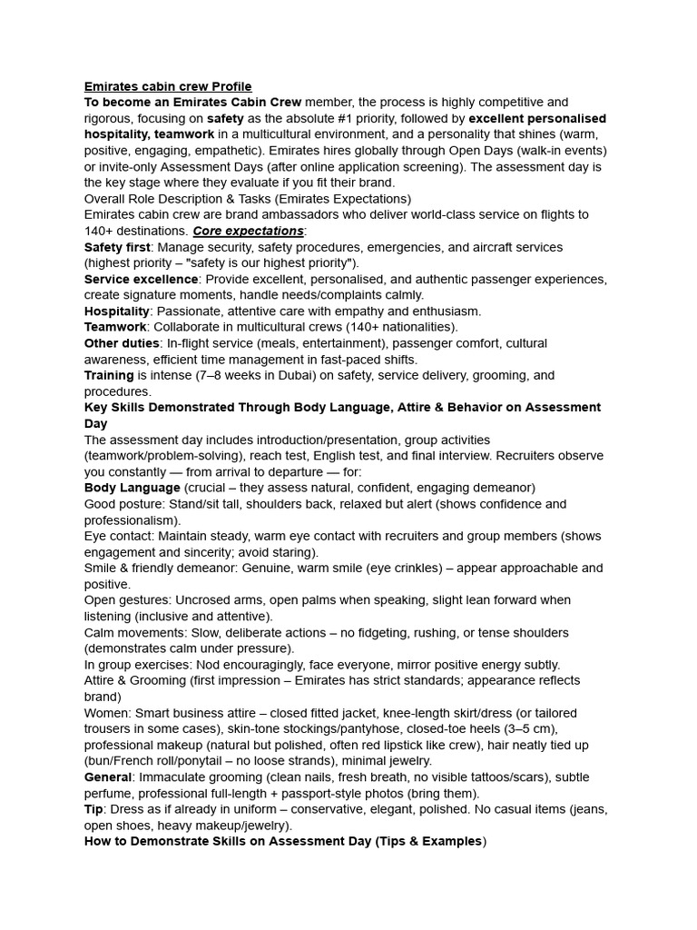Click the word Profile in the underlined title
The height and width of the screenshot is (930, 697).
[231, 86]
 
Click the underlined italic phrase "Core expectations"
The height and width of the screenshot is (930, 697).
[248, 231]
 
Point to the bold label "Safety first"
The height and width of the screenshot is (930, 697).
[119, 247]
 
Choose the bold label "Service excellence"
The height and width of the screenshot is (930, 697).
[141, 279]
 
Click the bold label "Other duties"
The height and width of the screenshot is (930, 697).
[120, 343]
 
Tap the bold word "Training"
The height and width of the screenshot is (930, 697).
[109, 375]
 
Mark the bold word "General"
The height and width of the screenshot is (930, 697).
[108, 777]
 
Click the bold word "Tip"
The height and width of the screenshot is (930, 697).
[93, 809]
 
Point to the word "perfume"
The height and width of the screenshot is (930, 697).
[109, 794]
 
